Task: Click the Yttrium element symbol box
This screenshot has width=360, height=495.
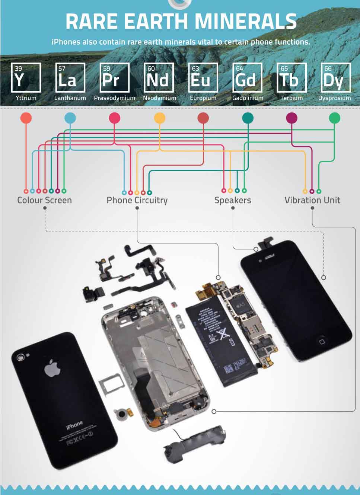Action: (x=26, y=77)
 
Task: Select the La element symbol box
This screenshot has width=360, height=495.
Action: (x=70, y=77)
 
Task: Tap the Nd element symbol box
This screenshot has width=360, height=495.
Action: (x=159, y=77)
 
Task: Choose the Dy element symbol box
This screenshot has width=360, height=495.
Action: (x=335, y=77)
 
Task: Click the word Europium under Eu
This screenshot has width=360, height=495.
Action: (x=203, y=98)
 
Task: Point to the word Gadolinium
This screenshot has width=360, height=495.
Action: (x=248, y=98)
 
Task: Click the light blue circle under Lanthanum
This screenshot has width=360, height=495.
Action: (x=70, y=118)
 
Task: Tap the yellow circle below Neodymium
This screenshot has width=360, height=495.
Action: (x=159, y=118)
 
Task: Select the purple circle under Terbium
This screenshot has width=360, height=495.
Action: (x=291, y=118)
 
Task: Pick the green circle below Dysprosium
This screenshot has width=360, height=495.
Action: (x=334, y=118)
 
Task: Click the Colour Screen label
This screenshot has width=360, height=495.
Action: (x=44, y=200)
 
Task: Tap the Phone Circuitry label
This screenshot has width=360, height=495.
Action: (x=137, y=200)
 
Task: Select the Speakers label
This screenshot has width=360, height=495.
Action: (x=233, y=200)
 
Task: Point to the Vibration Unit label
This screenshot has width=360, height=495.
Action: (x=312, y=200)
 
